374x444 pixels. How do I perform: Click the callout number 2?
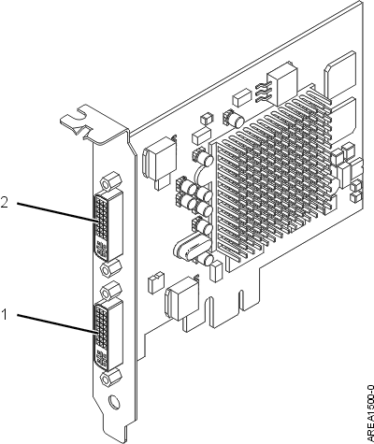[5, 203]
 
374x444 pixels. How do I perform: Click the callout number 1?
[4, 314]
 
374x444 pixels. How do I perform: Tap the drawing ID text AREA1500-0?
[370, 414]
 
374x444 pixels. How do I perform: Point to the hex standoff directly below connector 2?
[111, 268]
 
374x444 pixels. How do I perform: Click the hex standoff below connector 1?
[111, 379]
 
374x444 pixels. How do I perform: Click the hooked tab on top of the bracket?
[77, 120]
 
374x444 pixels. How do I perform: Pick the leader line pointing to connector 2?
[56, 212]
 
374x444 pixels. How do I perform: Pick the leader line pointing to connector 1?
[56, 324]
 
